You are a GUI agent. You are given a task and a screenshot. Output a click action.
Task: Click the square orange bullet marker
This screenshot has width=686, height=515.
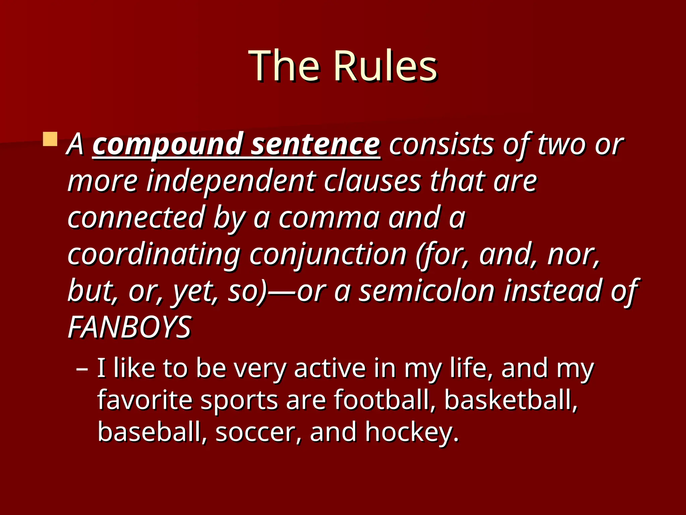pos(50,139)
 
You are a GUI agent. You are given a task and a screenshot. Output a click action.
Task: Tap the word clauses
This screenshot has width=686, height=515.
pos(372,181)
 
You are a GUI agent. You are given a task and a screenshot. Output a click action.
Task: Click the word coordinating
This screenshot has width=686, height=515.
pos(154,255)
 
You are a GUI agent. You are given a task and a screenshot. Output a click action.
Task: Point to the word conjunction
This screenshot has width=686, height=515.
pos(328,255)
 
